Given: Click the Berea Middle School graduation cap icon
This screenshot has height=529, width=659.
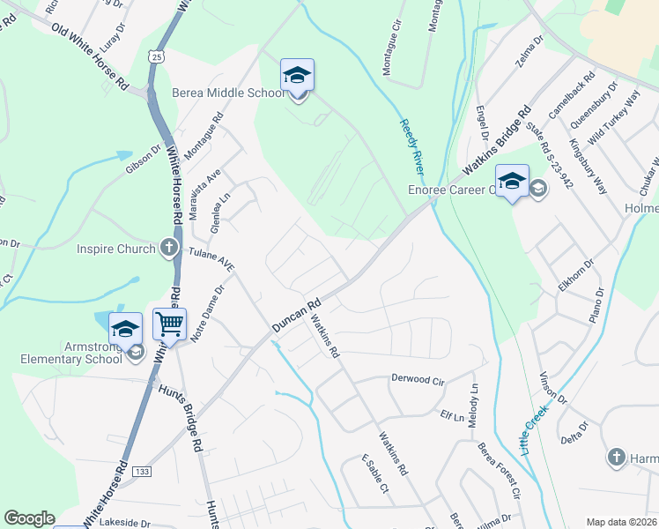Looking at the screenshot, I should (297, 77).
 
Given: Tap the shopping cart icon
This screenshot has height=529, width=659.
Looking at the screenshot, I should (168, 323).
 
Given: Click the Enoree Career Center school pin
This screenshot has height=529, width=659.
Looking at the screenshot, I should (512, 181).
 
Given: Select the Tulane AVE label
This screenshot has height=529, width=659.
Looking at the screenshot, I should (211, 261).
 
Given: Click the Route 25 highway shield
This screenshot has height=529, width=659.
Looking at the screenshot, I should (156, 56).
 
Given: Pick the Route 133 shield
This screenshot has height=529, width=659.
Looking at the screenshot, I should (141, 473).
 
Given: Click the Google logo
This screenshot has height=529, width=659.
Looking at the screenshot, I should (29, 518).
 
